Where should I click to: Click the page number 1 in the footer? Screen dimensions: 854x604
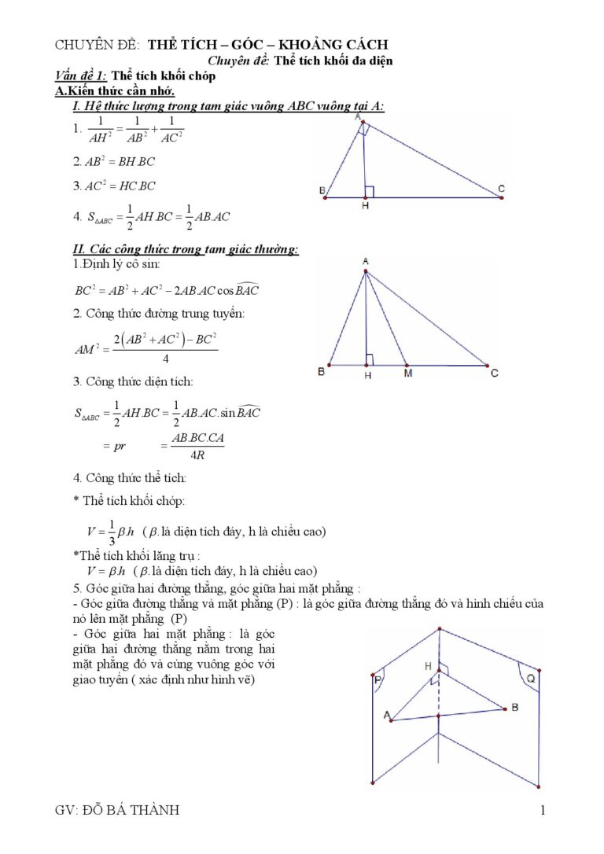click(543, 811)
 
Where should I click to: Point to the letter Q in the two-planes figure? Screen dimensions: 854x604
click(531, 676)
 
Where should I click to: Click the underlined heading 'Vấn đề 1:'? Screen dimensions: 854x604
click(81, 76)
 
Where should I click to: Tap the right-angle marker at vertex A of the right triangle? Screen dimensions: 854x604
click(362, 131)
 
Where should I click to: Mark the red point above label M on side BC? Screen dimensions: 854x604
click(406, 366)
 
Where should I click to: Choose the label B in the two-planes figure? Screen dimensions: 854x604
click(514, 707)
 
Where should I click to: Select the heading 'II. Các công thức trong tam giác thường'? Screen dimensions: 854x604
click(186, 249)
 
